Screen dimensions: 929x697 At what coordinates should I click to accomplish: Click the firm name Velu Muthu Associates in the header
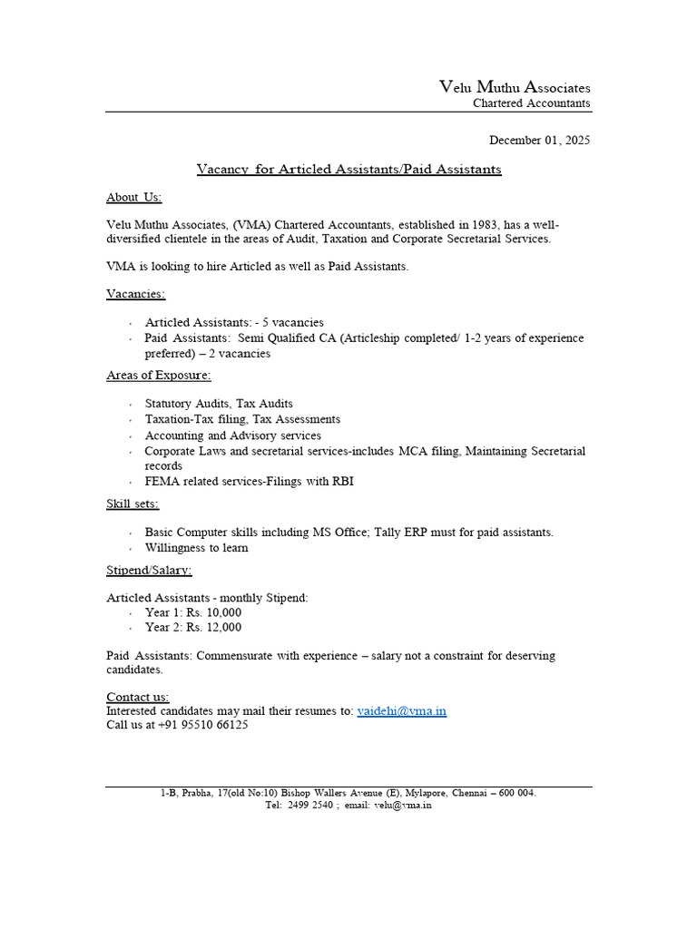tap(515, 87)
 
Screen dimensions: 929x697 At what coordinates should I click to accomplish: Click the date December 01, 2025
tap(539, 140)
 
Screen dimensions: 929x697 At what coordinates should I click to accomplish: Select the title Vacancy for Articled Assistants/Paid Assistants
tap(348, 169)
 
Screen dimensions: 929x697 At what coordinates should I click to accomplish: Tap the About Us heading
tap(133, 197)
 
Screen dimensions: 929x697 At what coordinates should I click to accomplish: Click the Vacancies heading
tap(135, 293)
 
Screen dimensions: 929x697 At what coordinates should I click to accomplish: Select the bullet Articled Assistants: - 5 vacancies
tap(234, 322)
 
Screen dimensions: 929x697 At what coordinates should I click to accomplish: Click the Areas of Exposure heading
tap(158, 375)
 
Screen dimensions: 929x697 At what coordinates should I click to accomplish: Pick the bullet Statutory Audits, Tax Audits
tap(219, 404)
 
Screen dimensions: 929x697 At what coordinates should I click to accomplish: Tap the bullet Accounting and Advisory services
tap(232, 435)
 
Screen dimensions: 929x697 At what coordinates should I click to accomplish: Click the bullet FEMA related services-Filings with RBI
tap(249, 481)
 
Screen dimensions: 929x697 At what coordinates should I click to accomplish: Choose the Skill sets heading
tap(133, 504)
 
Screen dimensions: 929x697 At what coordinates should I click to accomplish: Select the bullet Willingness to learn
tap(196, 548)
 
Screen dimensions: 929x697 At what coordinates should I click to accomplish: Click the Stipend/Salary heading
tap(149, 570)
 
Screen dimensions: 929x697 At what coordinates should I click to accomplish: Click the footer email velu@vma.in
tap(402, 805)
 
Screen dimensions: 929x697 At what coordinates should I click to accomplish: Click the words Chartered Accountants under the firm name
tap(531, 103)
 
